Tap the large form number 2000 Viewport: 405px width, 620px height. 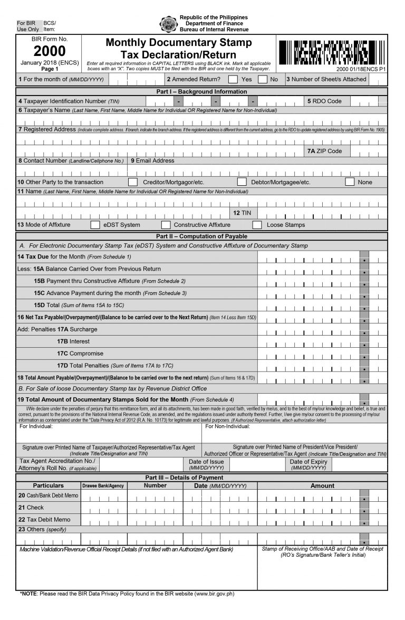[50, 51]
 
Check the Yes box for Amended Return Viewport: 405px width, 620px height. [233, 80]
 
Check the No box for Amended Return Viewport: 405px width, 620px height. [262, 80]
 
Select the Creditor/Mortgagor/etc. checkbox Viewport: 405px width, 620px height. [133, 182]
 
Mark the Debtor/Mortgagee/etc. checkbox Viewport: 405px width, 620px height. [242, 182]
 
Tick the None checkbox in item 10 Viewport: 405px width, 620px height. [350, 182]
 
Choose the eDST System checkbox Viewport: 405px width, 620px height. [95, 225]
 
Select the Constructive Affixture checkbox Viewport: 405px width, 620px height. [165, 225]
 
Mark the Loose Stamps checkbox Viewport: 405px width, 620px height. [257, 225]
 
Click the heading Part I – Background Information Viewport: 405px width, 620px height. [202, 92]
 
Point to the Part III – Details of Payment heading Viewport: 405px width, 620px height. [202, 478]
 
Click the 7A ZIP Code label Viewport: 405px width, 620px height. [324, 151]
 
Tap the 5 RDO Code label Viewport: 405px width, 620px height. [324, 101]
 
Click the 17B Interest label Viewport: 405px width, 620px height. [73, 341]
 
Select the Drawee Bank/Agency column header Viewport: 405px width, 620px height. [103, 486]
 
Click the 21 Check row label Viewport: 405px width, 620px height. [31, 508]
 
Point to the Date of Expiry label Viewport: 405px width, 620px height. [308, 462]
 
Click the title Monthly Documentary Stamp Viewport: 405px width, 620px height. [179, 43]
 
